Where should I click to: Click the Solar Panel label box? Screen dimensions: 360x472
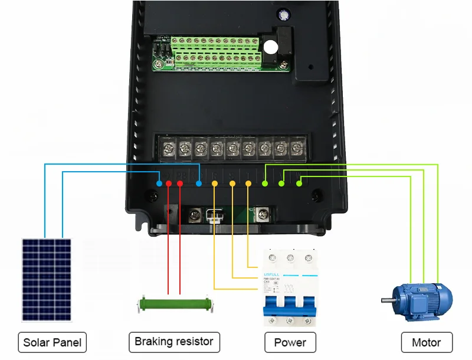tap(52, 342)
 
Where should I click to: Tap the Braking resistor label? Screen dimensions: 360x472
tap(174, 342)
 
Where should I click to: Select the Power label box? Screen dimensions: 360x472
tap(290, 342)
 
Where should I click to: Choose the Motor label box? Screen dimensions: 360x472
tap(426, 342)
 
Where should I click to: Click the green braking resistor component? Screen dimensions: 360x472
tap(174, 305)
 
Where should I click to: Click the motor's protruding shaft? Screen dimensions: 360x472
tap(387, 299)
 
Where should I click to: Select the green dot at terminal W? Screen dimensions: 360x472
tap(299, 184)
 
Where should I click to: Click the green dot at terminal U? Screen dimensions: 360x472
tap(265, 184)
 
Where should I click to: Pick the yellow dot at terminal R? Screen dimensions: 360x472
tap(215, 184)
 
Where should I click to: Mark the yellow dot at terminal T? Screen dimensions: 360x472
tap(248, 184)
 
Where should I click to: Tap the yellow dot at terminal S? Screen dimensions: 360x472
tap(232, 184)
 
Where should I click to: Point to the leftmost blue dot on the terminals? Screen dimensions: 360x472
tap(159, 184)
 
